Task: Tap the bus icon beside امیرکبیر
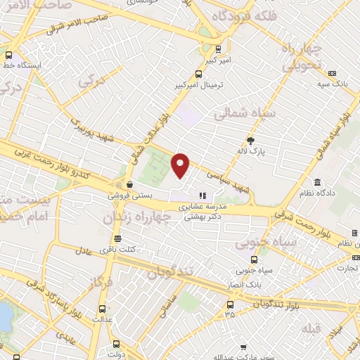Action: [218, 49]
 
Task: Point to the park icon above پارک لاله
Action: [251, 141]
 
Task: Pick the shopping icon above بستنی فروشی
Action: [118, 184]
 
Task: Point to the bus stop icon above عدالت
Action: [103, 308]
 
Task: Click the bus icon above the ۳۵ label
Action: [230, 304]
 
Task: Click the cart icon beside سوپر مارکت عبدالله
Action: [243, 347]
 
